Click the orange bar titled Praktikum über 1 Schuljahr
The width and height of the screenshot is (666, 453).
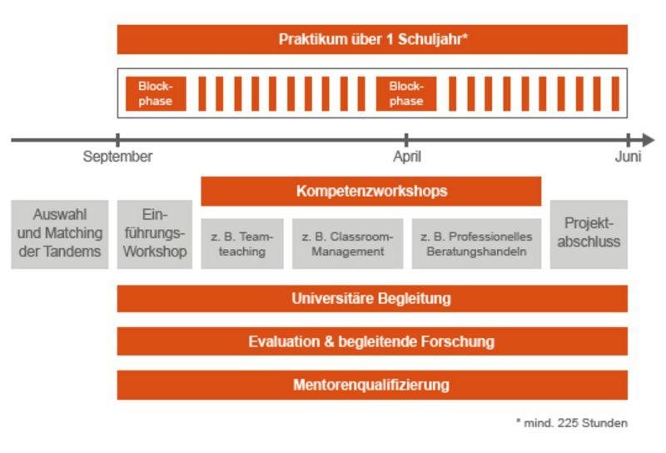point(372,39)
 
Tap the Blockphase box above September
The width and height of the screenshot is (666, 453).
point(156,93)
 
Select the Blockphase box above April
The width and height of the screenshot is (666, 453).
point(406,93)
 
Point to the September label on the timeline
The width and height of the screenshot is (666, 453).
point(117,157)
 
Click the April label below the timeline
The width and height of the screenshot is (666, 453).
point(407,157)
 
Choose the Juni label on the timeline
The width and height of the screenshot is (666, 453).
point(629,157)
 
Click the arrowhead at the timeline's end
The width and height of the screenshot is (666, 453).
point(649,140)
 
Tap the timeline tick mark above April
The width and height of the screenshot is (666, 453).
point(406,140)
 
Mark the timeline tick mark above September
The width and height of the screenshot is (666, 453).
point(117,140)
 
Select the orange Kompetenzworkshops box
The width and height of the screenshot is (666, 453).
point(371,192)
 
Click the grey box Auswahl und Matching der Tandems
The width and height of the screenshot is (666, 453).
point(60,234)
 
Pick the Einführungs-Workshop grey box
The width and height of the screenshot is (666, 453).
point(155,234)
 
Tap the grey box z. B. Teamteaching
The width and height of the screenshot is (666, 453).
point(242,243)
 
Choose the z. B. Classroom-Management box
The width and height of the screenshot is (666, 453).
point(347,243)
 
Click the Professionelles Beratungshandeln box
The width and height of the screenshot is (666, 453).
point(476,243)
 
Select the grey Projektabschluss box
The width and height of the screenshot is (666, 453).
point(589,234)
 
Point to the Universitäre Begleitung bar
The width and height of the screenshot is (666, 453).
point(372,299)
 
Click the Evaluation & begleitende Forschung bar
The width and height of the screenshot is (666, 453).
point(372,341)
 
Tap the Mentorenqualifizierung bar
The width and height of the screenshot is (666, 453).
point(372,385)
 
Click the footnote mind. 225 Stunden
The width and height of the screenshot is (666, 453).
point(572,423)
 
